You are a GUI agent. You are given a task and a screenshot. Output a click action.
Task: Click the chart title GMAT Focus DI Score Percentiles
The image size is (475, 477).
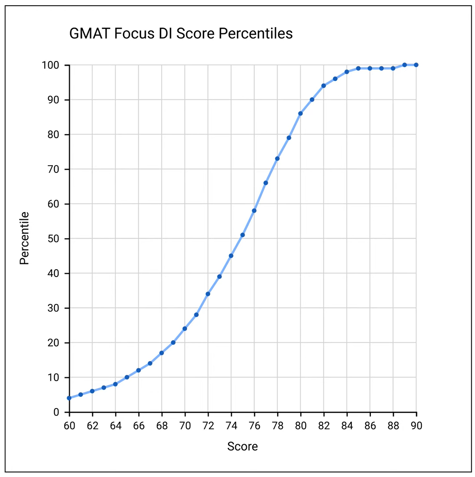tap(181, 34)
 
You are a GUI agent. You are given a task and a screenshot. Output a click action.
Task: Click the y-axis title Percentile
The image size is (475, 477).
tap(25, 238)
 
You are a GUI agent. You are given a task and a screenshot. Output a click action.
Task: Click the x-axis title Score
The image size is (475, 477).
tap(243, 446)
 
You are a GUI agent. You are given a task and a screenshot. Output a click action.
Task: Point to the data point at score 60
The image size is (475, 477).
tap(69, 398)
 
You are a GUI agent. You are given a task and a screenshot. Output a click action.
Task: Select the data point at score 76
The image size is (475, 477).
tap(254, 211)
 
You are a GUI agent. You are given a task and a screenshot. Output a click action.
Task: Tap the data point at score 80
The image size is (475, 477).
tap(300, 114)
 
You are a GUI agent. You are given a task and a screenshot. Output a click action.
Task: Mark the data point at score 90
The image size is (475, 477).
tap(416, 65)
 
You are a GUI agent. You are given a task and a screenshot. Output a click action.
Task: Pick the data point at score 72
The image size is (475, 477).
tap(208, 294)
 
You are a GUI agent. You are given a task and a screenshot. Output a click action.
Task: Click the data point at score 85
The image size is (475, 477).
tap(358, 68)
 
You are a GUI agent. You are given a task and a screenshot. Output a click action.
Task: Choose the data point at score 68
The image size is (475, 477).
tap(161, 353)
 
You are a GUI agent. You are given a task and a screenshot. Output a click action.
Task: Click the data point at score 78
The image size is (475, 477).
tap(277, 159)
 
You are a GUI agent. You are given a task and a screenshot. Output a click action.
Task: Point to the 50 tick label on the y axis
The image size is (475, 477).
tap(53, 238)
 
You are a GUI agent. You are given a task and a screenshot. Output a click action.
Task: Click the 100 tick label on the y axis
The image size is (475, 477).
tap(50, 65)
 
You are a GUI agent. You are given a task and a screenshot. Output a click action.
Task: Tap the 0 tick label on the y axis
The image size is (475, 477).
tap(56, 412)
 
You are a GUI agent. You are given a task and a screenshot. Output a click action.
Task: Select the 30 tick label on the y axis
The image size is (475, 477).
tap(53, 308)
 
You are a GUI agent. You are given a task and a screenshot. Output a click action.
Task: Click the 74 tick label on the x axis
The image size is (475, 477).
tap(231, 426)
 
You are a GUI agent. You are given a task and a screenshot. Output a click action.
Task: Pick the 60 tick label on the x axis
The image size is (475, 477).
tap(69, 426)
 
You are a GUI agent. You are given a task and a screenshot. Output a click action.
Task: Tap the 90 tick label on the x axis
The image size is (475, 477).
tap(416, 426)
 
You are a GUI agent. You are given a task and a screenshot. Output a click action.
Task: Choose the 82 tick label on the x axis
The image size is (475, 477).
tap(324, 426)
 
